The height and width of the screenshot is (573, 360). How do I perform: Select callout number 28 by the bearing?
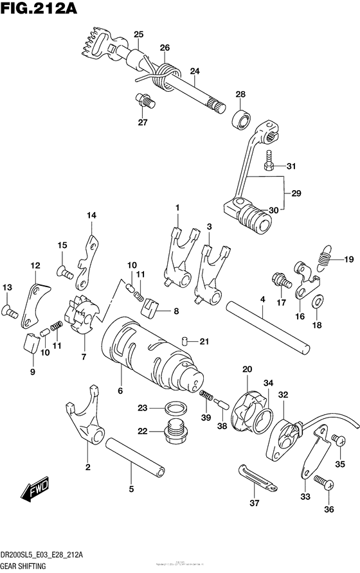[240, 94]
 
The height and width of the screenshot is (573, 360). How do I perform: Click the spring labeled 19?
[325, 257]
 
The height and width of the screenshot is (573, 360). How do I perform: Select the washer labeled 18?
[317, 302]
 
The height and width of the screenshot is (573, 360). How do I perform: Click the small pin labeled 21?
[184, 340]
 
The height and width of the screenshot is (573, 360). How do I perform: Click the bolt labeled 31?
[271, 166]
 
